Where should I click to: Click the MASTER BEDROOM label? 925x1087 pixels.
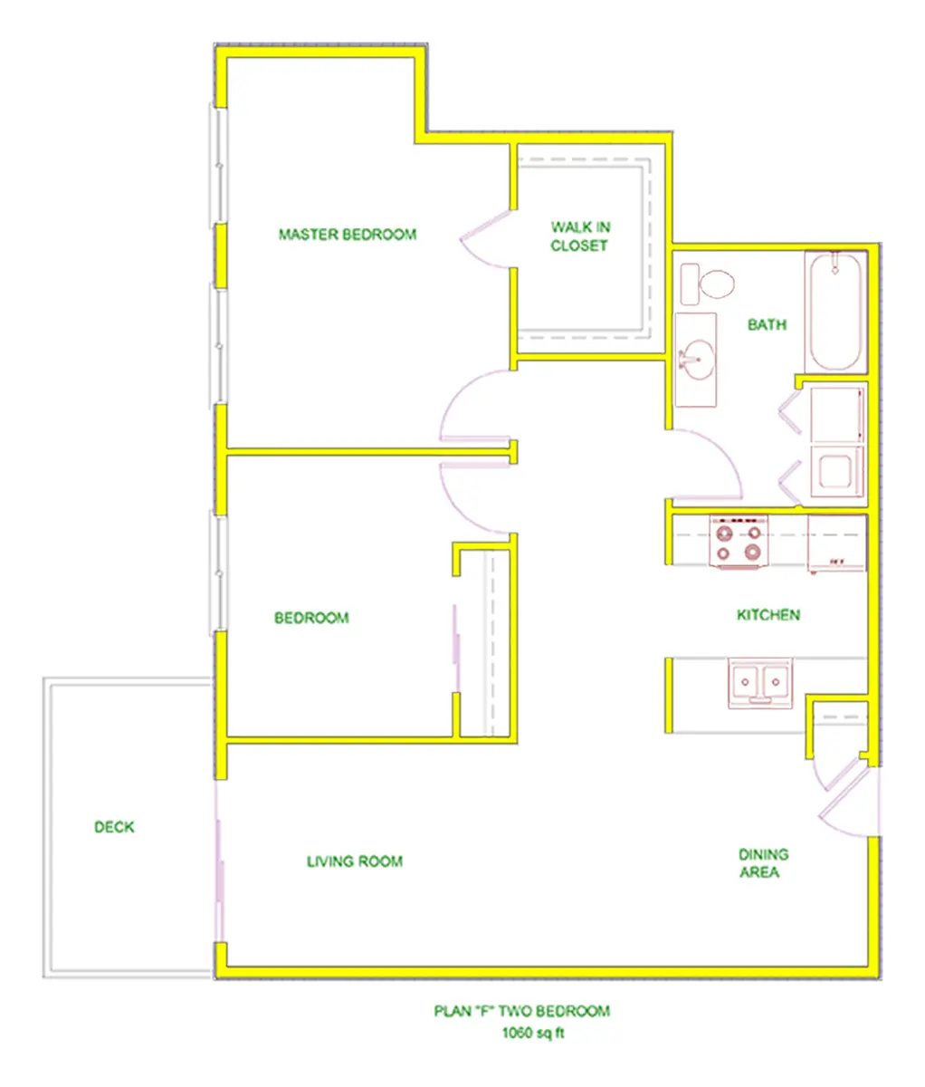coord(348,235)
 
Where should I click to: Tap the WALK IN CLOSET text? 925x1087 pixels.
coord(580,236)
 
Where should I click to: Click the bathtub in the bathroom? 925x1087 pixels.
coord(835,311)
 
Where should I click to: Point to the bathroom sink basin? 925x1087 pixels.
coord(696,357)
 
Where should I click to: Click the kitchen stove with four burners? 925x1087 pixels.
coord(739,542)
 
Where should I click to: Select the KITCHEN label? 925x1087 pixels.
coord(768,615)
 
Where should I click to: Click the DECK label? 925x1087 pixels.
coord(114,827)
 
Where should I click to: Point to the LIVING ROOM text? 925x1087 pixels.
coord(355,861)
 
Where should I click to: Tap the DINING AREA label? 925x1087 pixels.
coord(763,863)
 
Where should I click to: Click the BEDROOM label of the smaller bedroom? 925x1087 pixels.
coord(311,619)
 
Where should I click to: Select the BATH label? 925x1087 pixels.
coord(767,324)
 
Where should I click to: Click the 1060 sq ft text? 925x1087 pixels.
coord(533,1034)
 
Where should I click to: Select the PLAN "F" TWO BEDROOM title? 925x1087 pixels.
coord(522,1011)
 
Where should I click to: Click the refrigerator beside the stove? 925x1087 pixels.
coord(836,543)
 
